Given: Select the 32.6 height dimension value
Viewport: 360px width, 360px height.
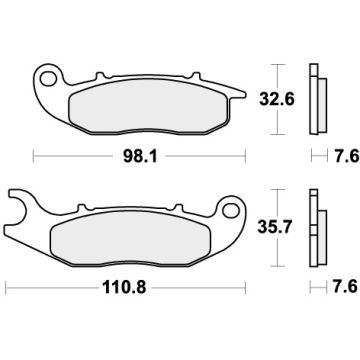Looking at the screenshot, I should click(x=287, y=99).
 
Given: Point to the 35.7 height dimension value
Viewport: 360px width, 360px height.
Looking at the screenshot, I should click(x=287, y=230).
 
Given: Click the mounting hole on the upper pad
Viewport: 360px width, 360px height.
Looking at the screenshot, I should click(x=48, y=76).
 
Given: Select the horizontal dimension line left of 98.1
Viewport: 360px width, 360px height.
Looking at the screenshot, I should click(x=70, y=157).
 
